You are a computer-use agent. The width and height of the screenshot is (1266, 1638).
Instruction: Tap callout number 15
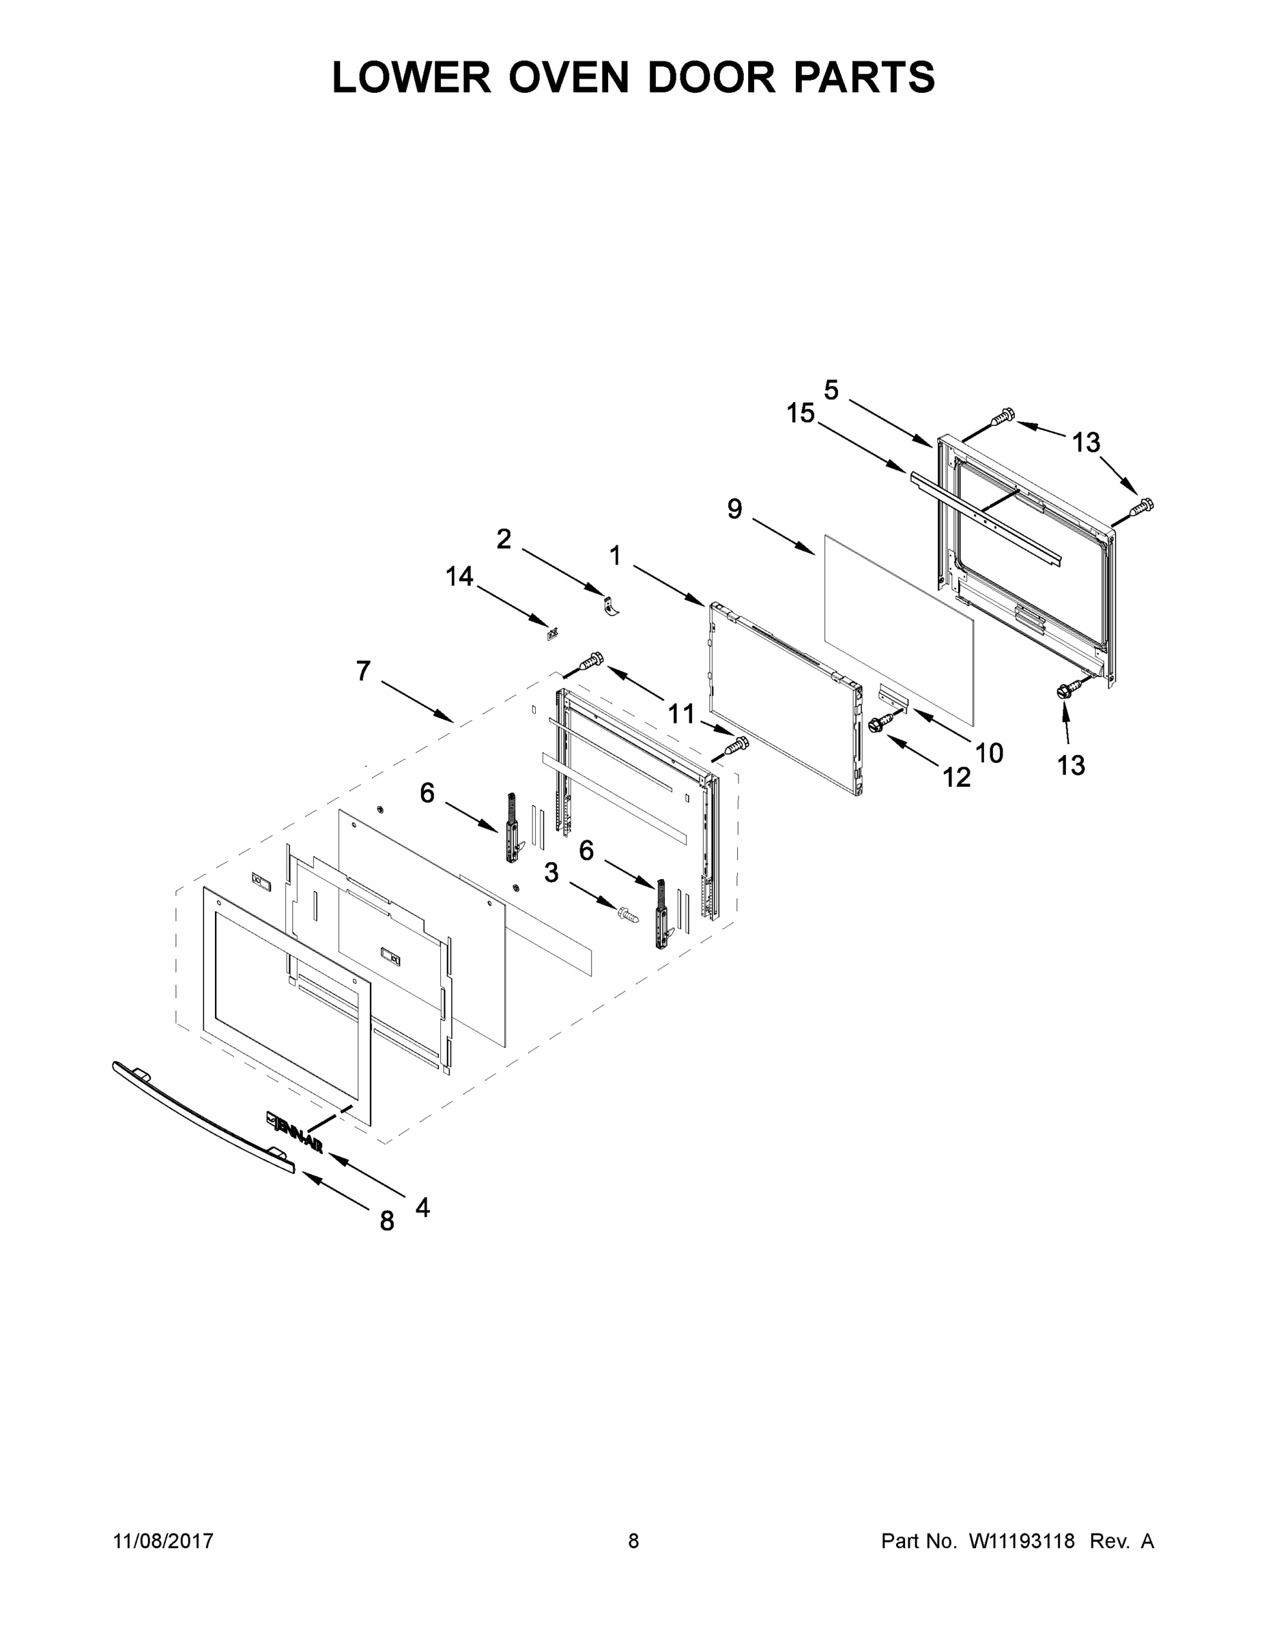tap(801, 413)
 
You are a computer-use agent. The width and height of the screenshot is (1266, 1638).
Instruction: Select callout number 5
tap(831, 390)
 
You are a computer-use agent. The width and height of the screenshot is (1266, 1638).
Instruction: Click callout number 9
tap(735, 509)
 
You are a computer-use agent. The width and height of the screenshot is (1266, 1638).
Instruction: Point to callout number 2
tap(504, 538)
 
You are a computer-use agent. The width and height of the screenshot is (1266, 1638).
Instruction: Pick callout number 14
tap(460, 576)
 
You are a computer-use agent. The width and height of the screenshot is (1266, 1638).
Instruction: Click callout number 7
tap(364, 670)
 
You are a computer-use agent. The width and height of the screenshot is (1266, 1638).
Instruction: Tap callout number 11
tap(681, 713)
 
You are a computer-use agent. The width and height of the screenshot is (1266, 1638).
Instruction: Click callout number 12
tap(956, 778)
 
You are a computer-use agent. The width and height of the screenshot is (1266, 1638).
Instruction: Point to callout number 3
tap(551, 872)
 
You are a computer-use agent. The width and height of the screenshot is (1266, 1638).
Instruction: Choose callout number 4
tap(422, 1207)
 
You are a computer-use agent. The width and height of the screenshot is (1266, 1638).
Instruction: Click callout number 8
tap(387, 1221)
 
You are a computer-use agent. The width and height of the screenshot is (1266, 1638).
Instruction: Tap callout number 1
tap(615, 556)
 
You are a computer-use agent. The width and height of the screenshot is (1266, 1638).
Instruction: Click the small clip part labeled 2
tap(612, 605)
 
